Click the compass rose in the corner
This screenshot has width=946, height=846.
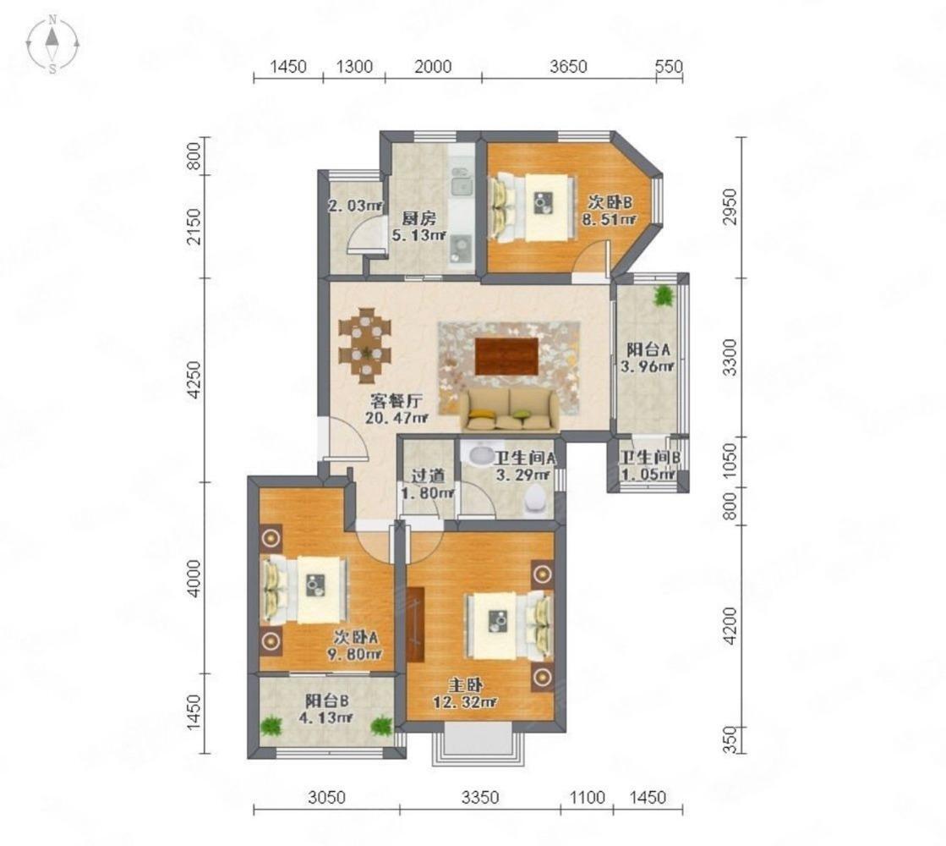(53, 43)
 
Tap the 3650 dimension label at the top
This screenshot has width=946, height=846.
(568, 66)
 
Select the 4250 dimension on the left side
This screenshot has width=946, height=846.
(194, 380)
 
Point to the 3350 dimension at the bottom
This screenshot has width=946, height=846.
(480, 797)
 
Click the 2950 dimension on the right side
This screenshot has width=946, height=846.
(730, 206)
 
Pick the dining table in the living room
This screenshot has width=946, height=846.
(365, 345)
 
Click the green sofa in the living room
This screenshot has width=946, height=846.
(510, 409)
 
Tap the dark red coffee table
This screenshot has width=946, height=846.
(506, 356)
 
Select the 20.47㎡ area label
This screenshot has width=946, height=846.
(396, 417)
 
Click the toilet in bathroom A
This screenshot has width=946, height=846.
(536, 499)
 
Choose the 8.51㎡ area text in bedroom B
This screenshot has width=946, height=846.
(609, 219)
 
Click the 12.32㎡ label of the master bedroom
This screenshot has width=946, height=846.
(465, 701)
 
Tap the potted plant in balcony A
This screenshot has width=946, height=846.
(663, 295)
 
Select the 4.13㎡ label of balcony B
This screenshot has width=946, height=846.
(326, 717)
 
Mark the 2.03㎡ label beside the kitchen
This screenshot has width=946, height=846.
(355, 206)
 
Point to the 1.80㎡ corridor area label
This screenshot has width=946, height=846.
(428, 492)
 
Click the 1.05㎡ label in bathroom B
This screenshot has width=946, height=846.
(648, 475)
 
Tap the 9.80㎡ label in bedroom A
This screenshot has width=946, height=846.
(357, 653)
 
